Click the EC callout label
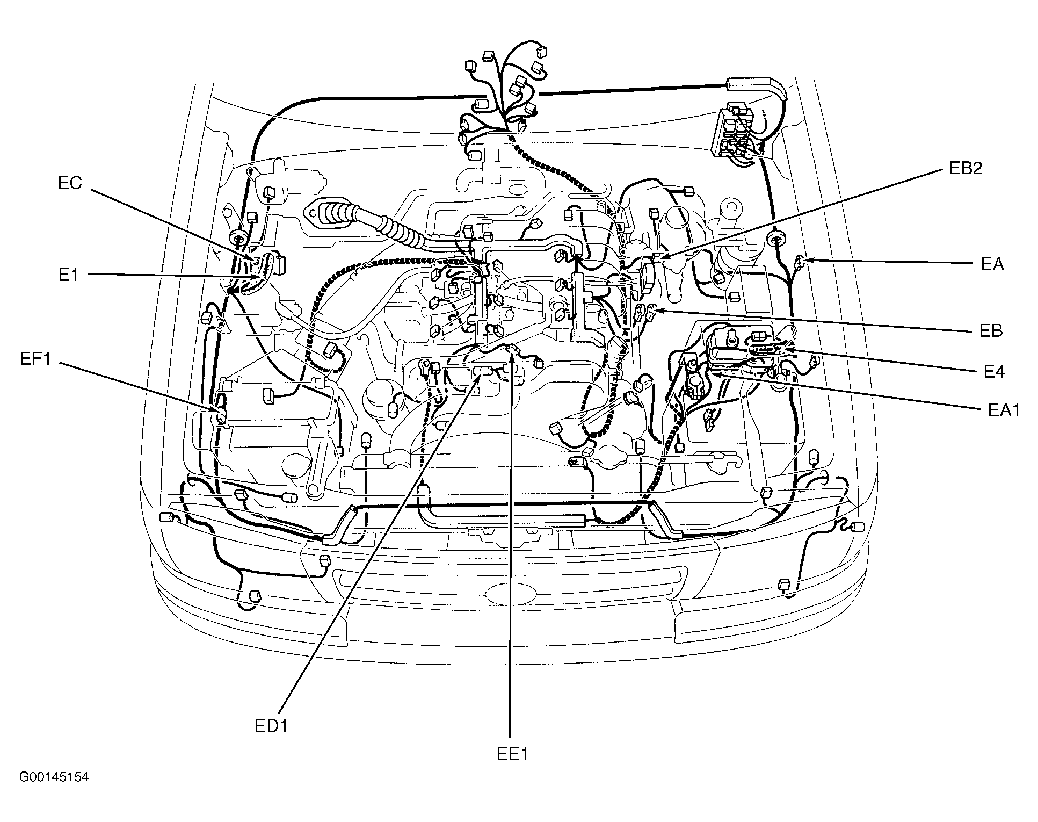(70, 184)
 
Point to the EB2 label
(966, 168)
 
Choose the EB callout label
(991, 330)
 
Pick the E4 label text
(994, 371)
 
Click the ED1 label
(272, 726)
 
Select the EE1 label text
(512, 754)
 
